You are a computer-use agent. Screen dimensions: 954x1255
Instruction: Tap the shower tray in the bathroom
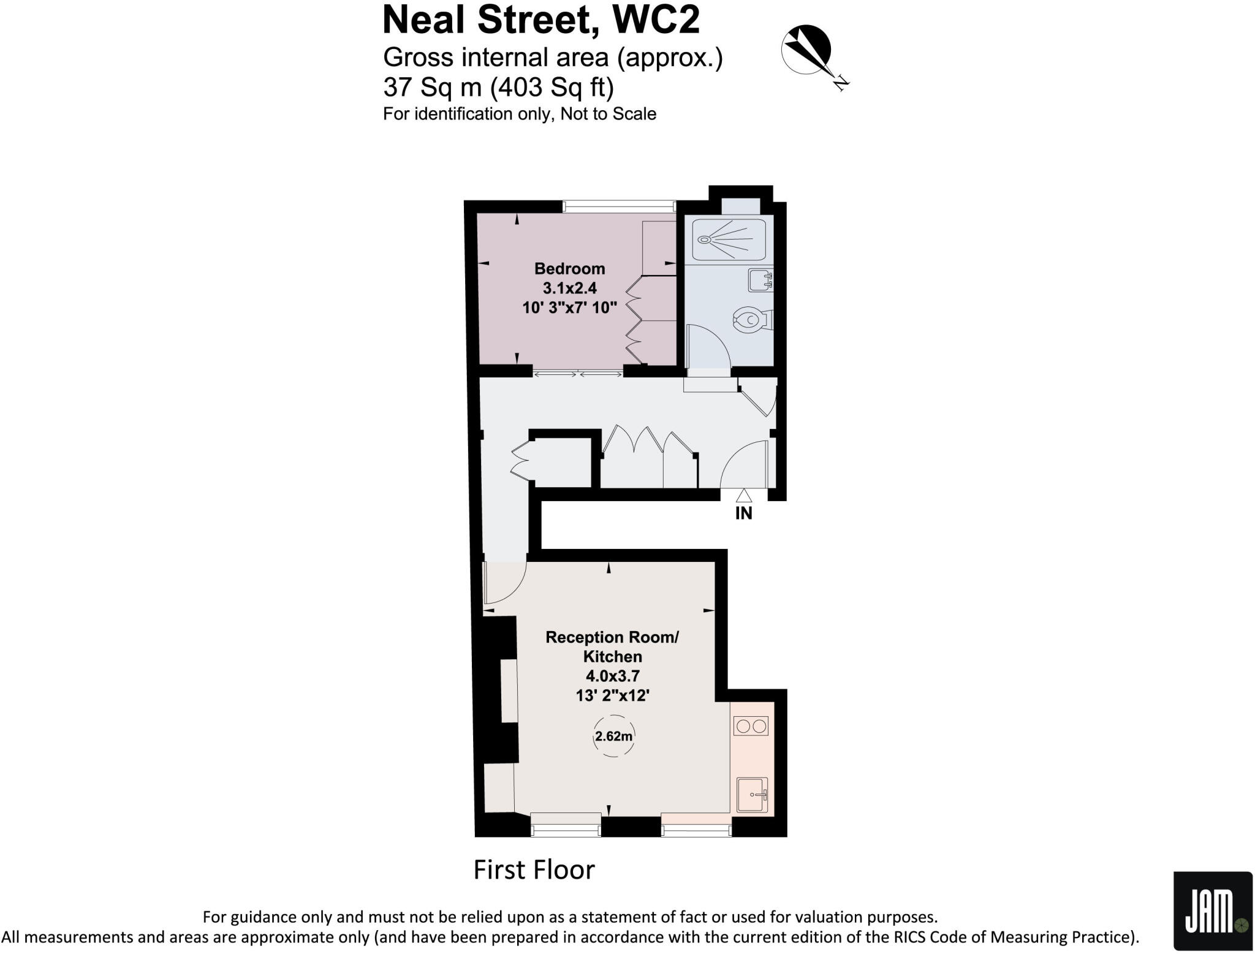pos(729,239)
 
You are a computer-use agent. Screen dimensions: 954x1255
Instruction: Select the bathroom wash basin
pos(760,281)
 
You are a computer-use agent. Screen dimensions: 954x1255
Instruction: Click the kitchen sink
pos(751,795)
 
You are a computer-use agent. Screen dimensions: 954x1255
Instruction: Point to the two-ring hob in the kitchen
pos(751,727)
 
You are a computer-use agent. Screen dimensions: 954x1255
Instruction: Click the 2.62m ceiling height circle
pos(613,736)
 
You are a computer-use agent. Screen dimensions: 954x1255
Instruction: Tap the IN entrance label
pos(743,513)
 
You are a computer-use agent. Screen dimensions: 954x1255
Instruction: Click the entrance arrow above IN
pos(743,495)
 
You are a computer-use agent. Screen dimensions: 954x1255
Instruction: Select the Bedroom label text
pos(569,268)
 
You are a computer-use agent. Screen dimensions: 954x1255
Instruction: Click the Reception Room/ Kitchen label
pos(612,646)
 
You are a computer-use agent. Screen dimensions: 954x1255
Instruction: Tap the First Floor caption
pos(534,870)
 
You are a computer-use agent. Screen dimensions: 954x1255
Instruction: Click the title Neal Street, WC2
pos(540,20)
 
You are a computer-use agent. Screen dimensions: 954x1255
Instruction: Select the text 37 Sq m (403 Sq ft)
pos(498,88)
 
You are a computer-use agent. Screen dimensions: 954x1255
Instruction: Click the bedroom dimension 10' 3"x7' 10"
pos(569,308)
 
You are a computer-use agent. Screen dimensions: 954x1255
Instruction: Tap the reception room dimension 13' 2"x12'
pos(613,695)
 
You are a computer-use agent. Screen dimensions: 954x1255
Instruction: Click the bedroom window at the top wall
pos(619,206)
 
